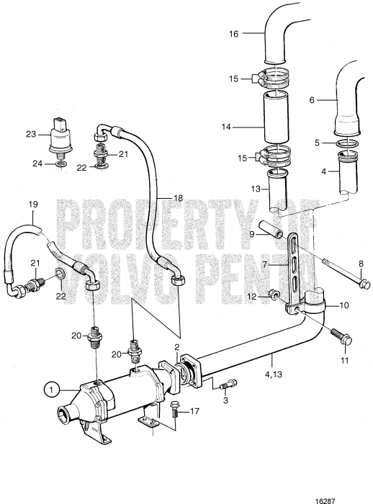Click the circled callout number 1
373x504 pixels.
pos(51,390)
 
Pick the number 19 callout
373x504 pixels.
pos(32,204)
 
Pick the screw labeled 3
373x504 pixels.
pos(225,384)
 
